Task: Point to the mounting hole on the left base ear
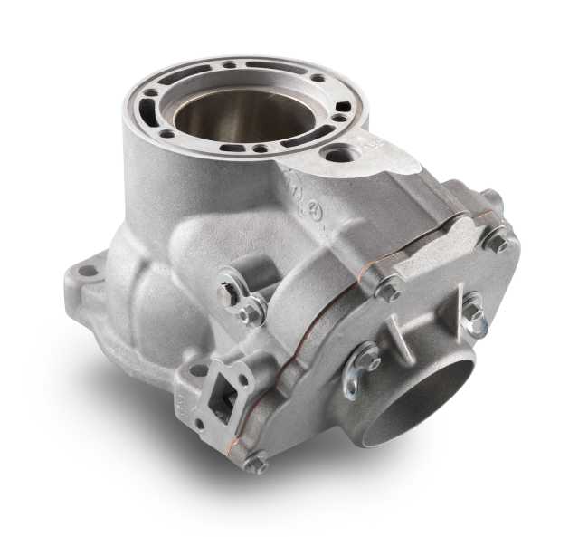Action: click(x=86, y=270)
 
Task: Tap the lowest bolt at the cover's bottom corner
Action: click(x=256, y=464)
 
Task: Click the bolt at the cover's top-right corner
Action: click(x=496, y=240)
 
